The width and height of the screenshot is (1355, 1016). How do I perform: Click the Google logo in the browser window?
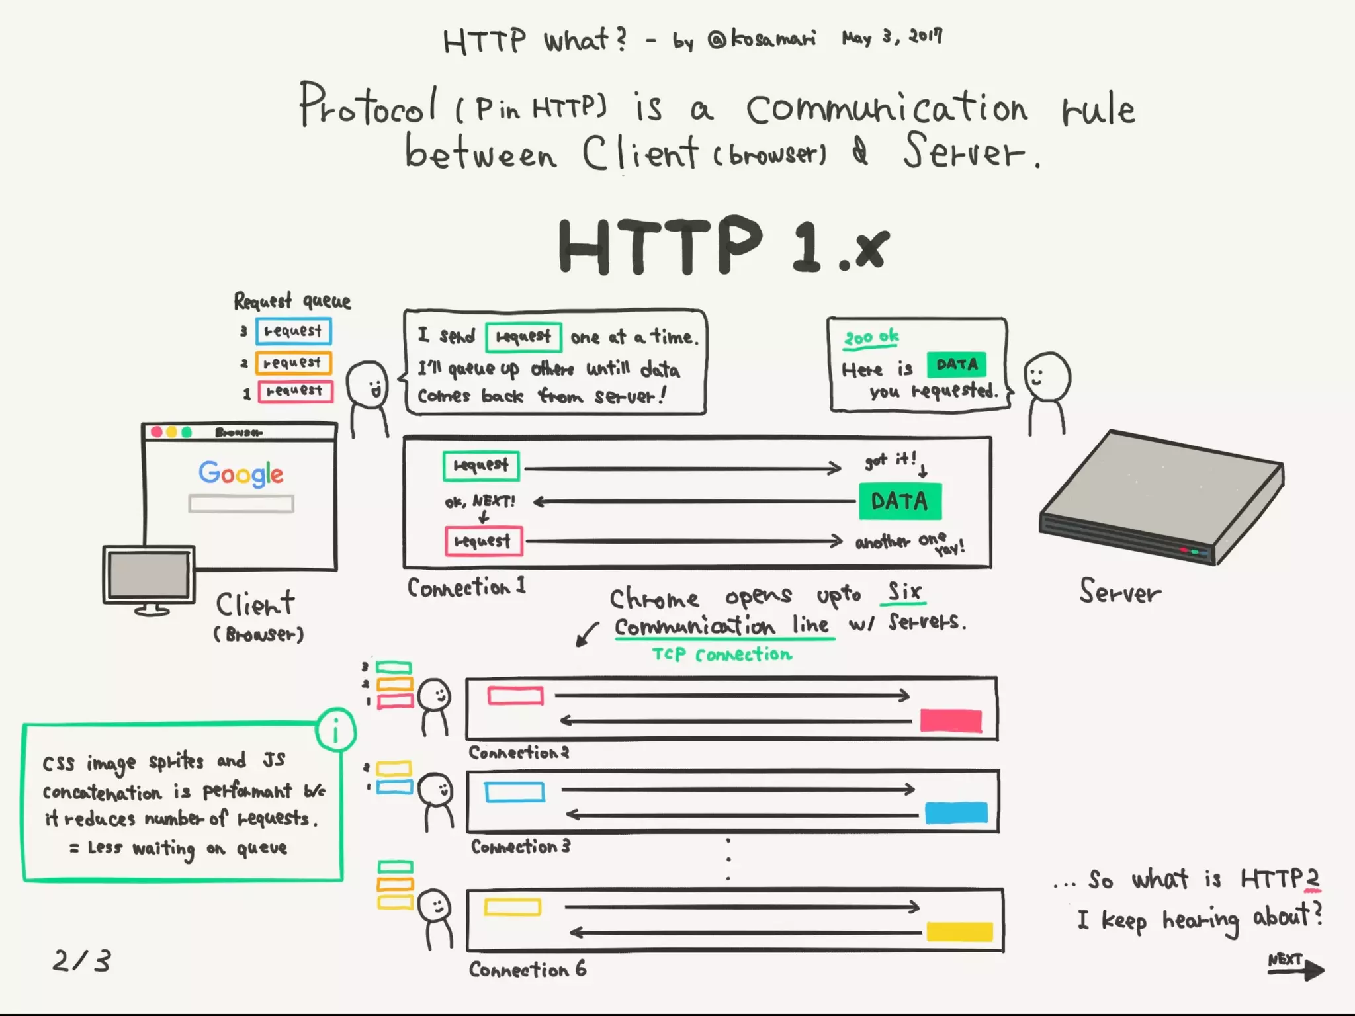click(x=241, y=473)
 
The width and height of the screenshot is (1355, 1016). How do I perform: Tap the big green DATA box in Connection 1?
click(x=900, y=501)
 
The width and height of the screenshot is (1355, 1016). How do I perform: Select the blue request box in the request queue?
click(x=294, y=331)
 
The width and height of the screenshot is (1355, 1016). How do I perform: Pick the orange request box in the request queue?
click(x=294, y=362)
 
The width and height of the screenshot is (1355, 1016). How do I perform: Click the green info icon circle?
click(x=336, y=731)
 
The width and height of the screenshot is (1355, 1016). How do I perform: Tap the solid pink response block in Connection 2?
click(x=951, y=720)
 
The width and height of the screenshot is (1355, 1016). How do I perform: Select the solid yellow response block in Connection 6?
click(x=959, y=931)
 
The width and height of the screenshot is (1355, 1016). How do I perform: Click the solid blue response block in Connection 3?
click(x=956, y=812)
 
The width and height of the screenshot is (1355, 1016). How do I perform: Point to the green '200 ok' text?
click(x=871, y=337)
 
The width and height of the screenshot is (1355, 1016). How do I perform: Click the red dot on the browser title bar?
click(x=157, y=432)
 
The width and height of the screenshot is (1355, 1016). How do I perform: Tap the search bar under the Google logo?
click(x=241, y=504)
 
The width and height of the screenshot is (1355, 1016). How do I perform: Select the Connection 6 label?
click(x=527, y=970)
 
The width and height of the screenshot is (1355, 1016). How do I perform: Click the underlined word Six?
click(x=904, y=591)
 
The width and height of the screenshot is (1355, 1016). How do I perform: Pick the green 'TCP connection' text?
click(x=722, y=654)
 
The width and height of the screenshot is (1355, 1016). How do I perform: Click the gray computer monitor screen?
click(x=149, y=574)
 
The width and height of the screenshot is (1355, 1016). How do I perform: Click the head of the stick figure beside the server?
click(x=1047, y=376)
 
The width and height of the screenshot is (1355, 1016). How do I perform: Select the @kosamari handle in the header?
click(x=761, y=40)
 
